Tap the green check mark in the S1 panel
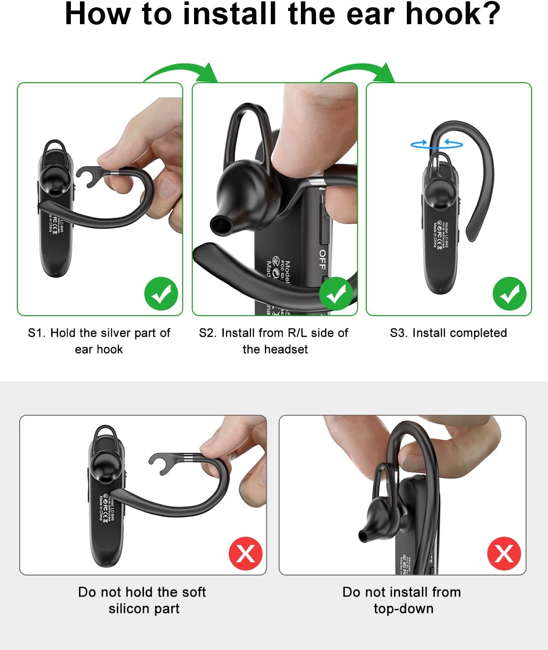[x=161, y=294]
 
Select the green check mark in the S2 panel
[x=336, y=294]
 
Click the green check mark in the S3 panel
[x=510, y=294]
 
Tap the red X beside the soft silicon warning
[x=246, y=554]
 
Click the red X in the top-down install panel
[x=504, y=554]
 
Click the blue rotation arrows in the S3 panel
[x=437, y=144]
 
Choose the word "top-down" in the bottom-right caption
[x=403, y=609]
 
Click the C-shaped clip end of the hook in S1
[x=89, y=176]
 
